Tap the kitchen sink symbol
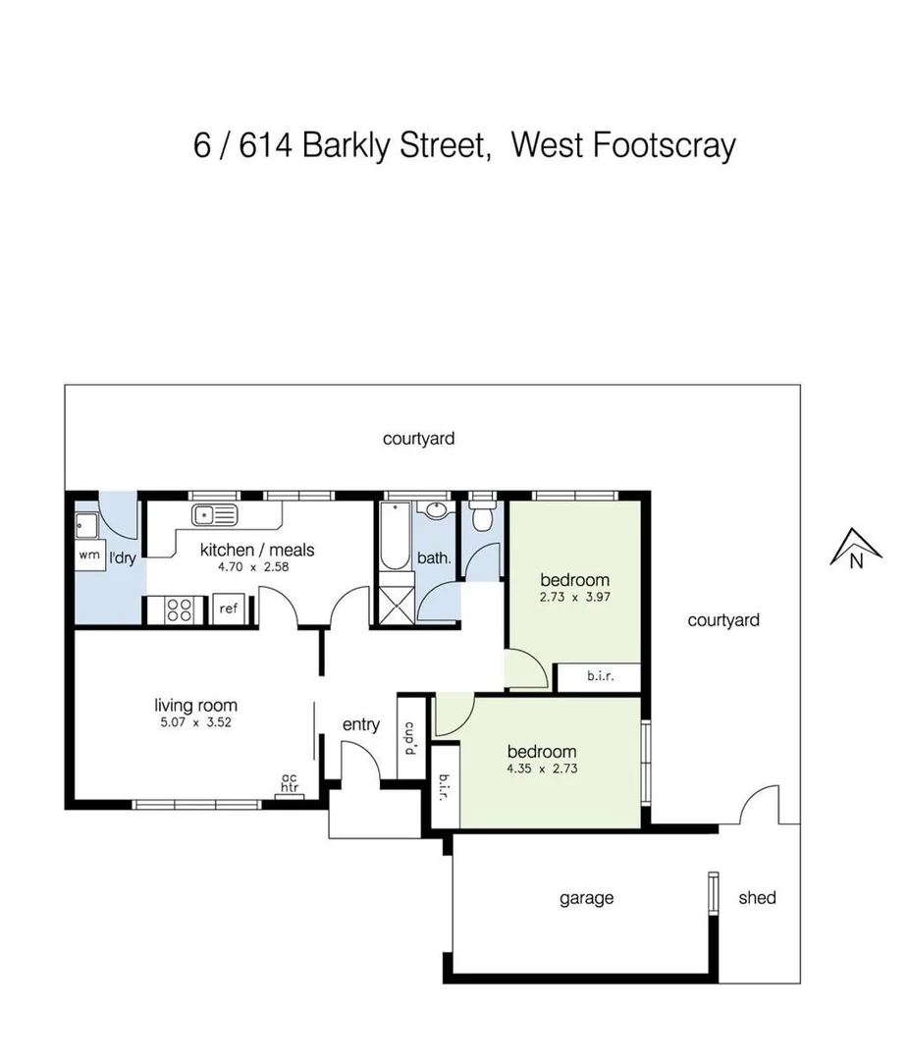tap(214, 513)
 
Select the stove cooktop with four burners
tap(180, 609)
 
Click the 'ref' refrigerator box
tap(229, 609)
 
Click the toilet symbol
tap(482, 517)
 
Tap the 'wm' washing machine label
tap(88, 556)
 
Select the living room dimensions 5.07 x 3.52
tap(196, 722)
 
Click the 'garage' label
tap(586, 897)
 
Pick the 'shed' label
tap(757, 897)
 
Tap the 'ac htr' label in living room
tap(290, 781)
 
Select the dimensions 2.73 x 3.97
tap(574, 596)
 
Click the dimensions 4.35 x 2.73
tap(542, 768)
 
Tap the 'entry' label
tap(360, 724)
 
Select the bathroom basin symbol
tap(436, 510)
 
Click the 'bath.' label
tap(434, 557)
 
